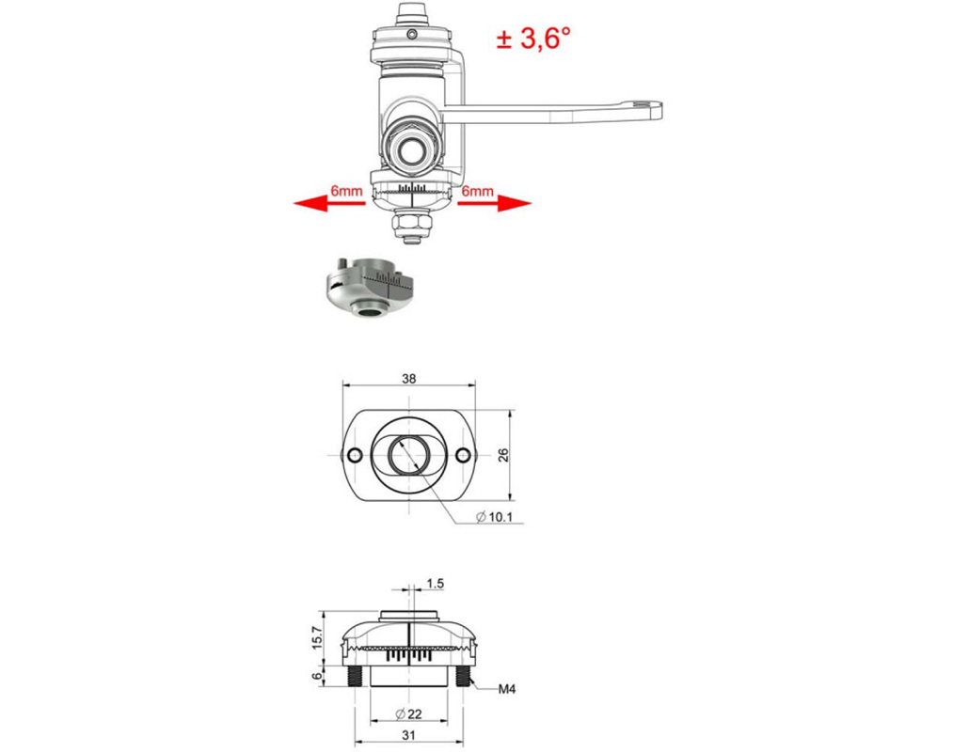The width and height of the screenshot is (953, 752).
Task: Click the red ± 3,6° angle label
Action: tap(533, 38)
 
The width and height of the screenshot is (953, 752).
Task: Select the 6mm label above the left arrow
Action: tap(346, 192)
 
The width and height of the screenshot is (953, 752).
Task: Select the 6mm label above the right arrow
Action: tap(477, 192)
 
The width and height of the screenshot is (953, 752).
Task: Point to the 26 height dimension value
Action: tap(503, 455)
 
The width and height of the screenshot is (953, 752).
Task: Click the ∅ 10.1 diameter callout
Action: tap(495, 517)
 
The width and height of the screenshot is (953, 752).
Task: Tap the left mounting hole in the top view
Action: tap(354, 455)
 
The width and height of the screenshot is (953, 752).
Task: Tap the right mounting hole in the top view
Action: tap(463, 455)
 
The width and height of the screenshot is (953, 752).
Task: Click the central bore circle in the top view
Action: tap(409, 456)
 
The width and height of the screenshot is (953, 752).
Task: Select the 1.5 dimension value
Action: tap(435, 584)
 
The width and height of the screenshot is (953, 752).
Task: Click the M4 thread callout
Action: tap(507, 690)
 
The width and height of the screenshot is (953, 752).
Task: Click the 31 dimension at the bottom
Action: tap(409, 739)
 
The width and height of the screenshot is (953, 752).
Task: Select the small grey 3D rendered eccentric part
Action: tap(369, 288)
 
